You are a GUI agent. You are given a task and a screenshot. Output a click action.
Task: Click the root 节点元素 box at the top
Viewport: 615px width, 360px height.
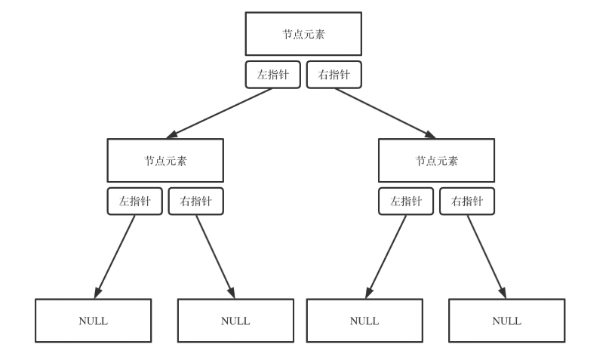coord(303,34)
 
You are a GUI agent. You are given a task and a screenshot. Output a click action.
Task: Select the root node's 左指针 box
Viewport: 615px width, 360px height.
coord(272,75)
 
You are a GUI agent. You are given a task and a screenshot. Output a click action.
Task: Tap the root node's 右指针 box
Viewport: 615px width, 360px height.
coord(334,75)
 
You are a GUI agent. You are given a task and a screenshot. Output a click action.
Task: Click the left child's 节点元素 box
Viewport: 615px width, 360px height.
coord(165,160)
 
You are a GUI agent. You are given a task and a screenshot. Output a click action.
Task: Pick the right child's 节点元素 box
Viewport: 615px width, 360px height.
coord(436,160)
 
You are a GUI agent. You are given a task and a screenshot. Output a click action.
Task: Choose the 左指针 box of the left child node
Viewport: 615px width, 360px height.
coord(134,202)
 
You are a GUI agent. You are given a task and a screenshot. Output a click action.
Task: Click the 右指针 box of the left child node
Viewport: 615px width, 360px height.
coord(195,202)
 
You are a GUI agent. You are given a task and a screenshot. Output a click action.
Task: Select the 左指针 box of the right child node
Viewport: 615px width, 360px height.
coord(406,202)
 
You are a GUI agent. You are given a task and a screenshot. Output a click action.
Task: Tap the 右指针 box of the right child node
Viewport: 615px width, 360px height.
coord(467,202)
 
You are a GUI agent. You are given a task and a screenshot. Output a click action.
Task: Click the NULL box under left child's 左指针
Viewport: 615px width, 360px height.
coord(93,321)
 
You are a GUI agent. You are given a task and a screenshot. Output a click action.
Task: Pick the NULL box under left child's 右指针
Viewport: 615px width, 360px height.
coord(235,321)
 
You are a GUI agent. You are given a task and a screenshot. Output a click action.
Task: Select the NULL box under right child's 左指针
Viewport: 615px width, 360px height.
coord(364,321)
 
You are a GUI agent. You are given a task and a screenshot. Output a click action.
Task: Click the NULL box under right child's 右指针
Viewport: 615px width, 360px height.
coord(506,321)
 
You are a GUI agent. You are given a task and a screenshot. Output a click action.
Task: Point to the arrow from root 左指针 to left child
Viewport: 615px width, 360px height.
coord(219,113)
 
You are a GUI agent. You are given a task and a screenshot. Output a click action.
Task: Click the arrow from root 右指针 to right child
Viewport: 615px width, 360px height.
coord(385,113)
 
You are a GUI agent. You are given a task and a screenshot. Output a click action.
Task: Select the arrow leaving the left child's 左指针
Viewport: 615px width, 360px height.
coord(115,257)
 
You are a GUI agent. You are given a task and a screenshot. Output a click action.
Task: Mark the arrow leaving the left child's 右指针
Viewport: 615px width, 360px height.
coord(215,257)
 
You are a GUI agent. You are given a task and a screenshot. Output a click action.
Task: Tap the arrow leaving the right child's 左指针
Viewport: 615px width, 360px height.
coord(386,257)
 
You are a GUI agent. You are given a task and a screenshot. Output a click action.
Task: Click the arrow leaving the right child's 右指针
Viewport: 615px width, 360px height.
coord(486,257)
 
